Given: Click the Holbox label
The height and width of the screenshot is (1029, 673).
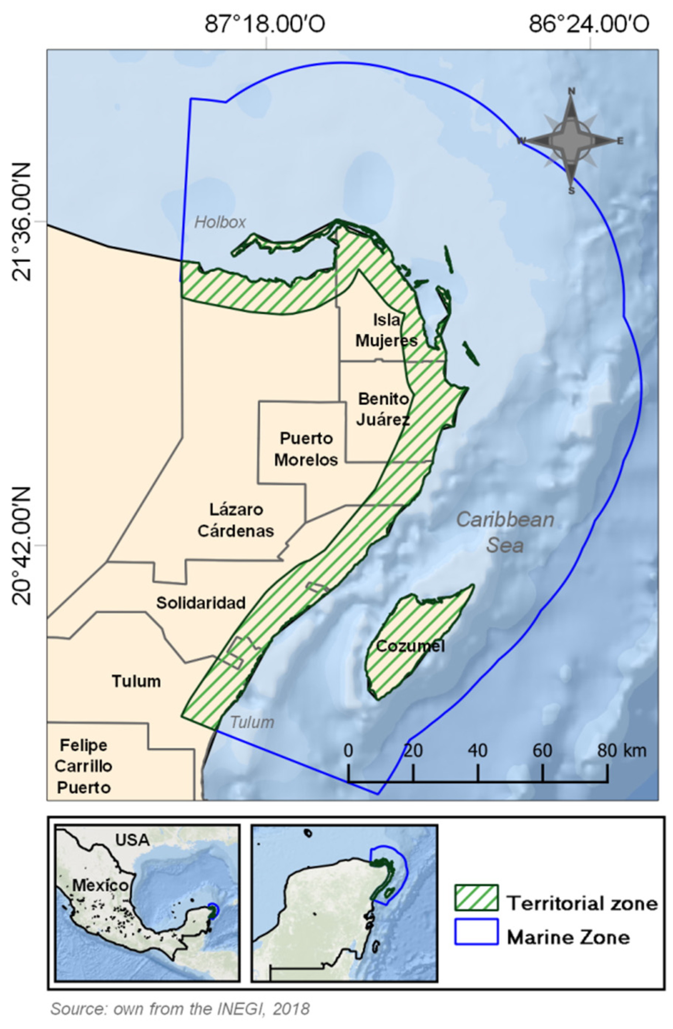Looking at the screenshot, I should [219, 222].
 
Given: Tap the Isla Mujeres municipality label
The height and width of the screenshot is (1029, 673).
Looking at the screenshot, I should [386, 330].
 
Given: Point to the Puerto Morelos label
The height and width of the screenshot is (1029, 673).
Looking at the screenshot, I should [306, 449].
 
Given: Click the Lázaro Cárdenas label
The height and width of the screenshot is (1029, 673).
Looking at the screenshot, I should [236, 520].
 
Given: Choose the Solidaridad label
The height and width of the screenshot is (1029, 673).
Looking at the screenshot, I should [201, 602].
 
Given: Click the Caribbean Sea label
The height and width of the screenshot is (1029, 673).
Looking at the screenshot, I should [505, 532].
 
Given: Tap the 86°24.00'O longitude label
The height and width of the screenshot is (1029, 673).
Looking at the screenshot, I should [589, 24].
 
